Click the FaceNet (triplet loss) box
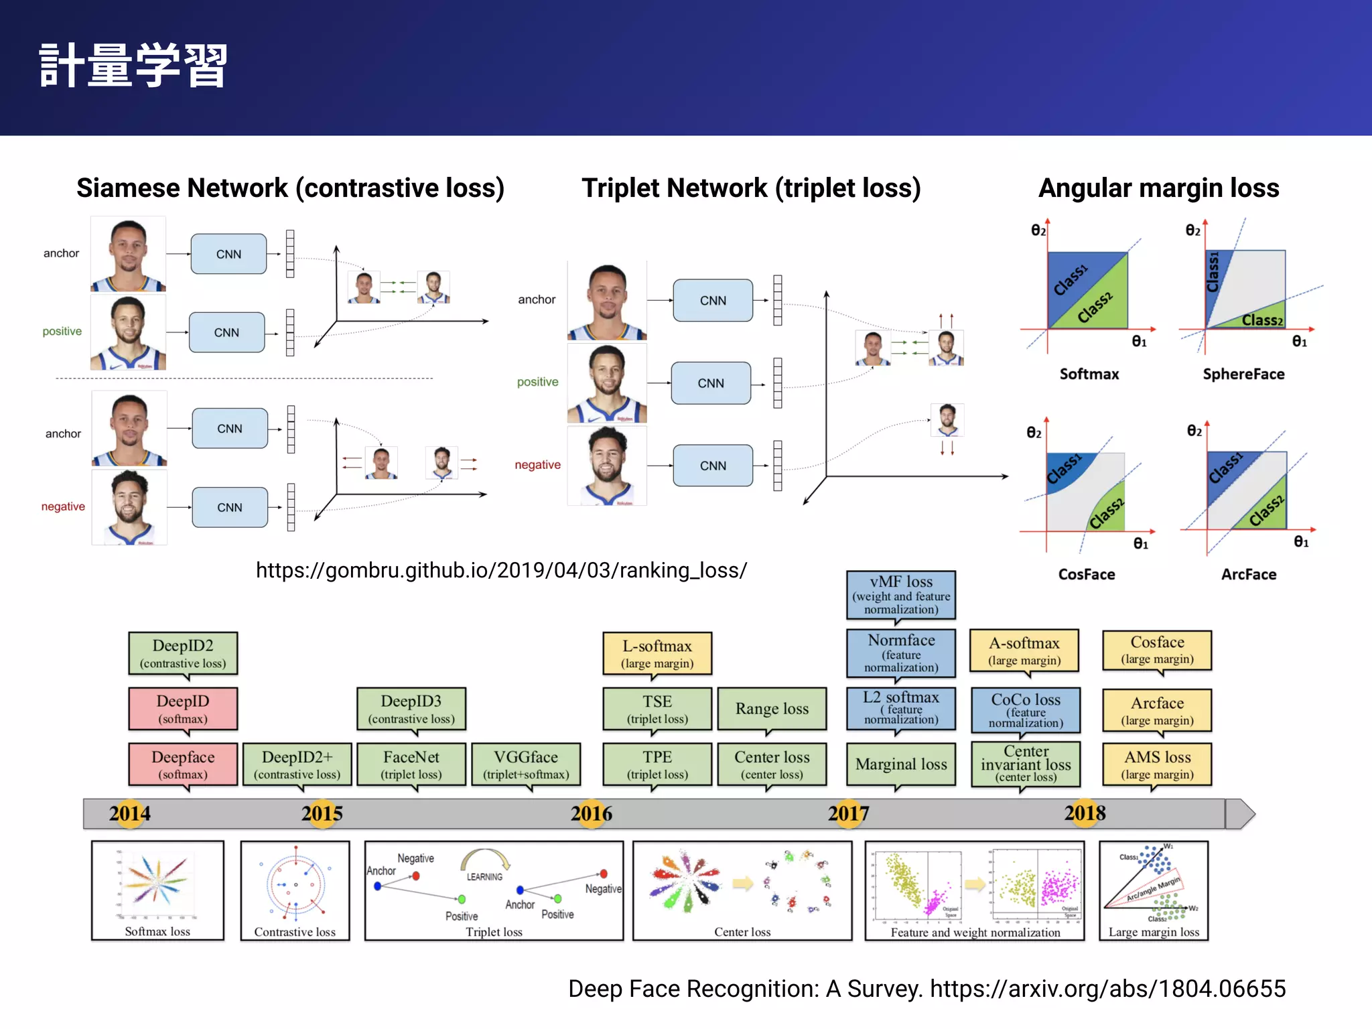coord(411,764)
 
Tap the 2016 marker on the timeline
coord(592,814)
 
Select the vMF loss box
coord(900,595)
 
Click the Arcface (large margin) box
coord(1157,711)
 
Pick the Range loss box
coord(772,709)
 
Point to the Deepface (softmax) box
coord(183,764)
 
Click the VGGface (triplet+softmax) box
coord(526,764)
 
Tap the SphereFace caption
coord(1243,374)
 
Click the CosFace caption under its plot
coord(1087,574)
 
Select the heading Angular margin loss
coord(1158,188)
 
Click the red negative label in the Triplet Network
coord(537,465)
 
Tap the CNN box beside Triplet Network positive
coord(711,383)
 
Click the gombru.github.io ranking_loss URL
coord(501,570)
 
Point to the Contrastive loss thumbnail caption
coord(295,932)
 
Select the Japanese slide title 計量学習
coord(133,66)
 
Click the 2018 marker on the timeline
coord(1085,813)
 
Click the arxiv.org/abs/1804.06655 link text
coord(1107,989)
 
